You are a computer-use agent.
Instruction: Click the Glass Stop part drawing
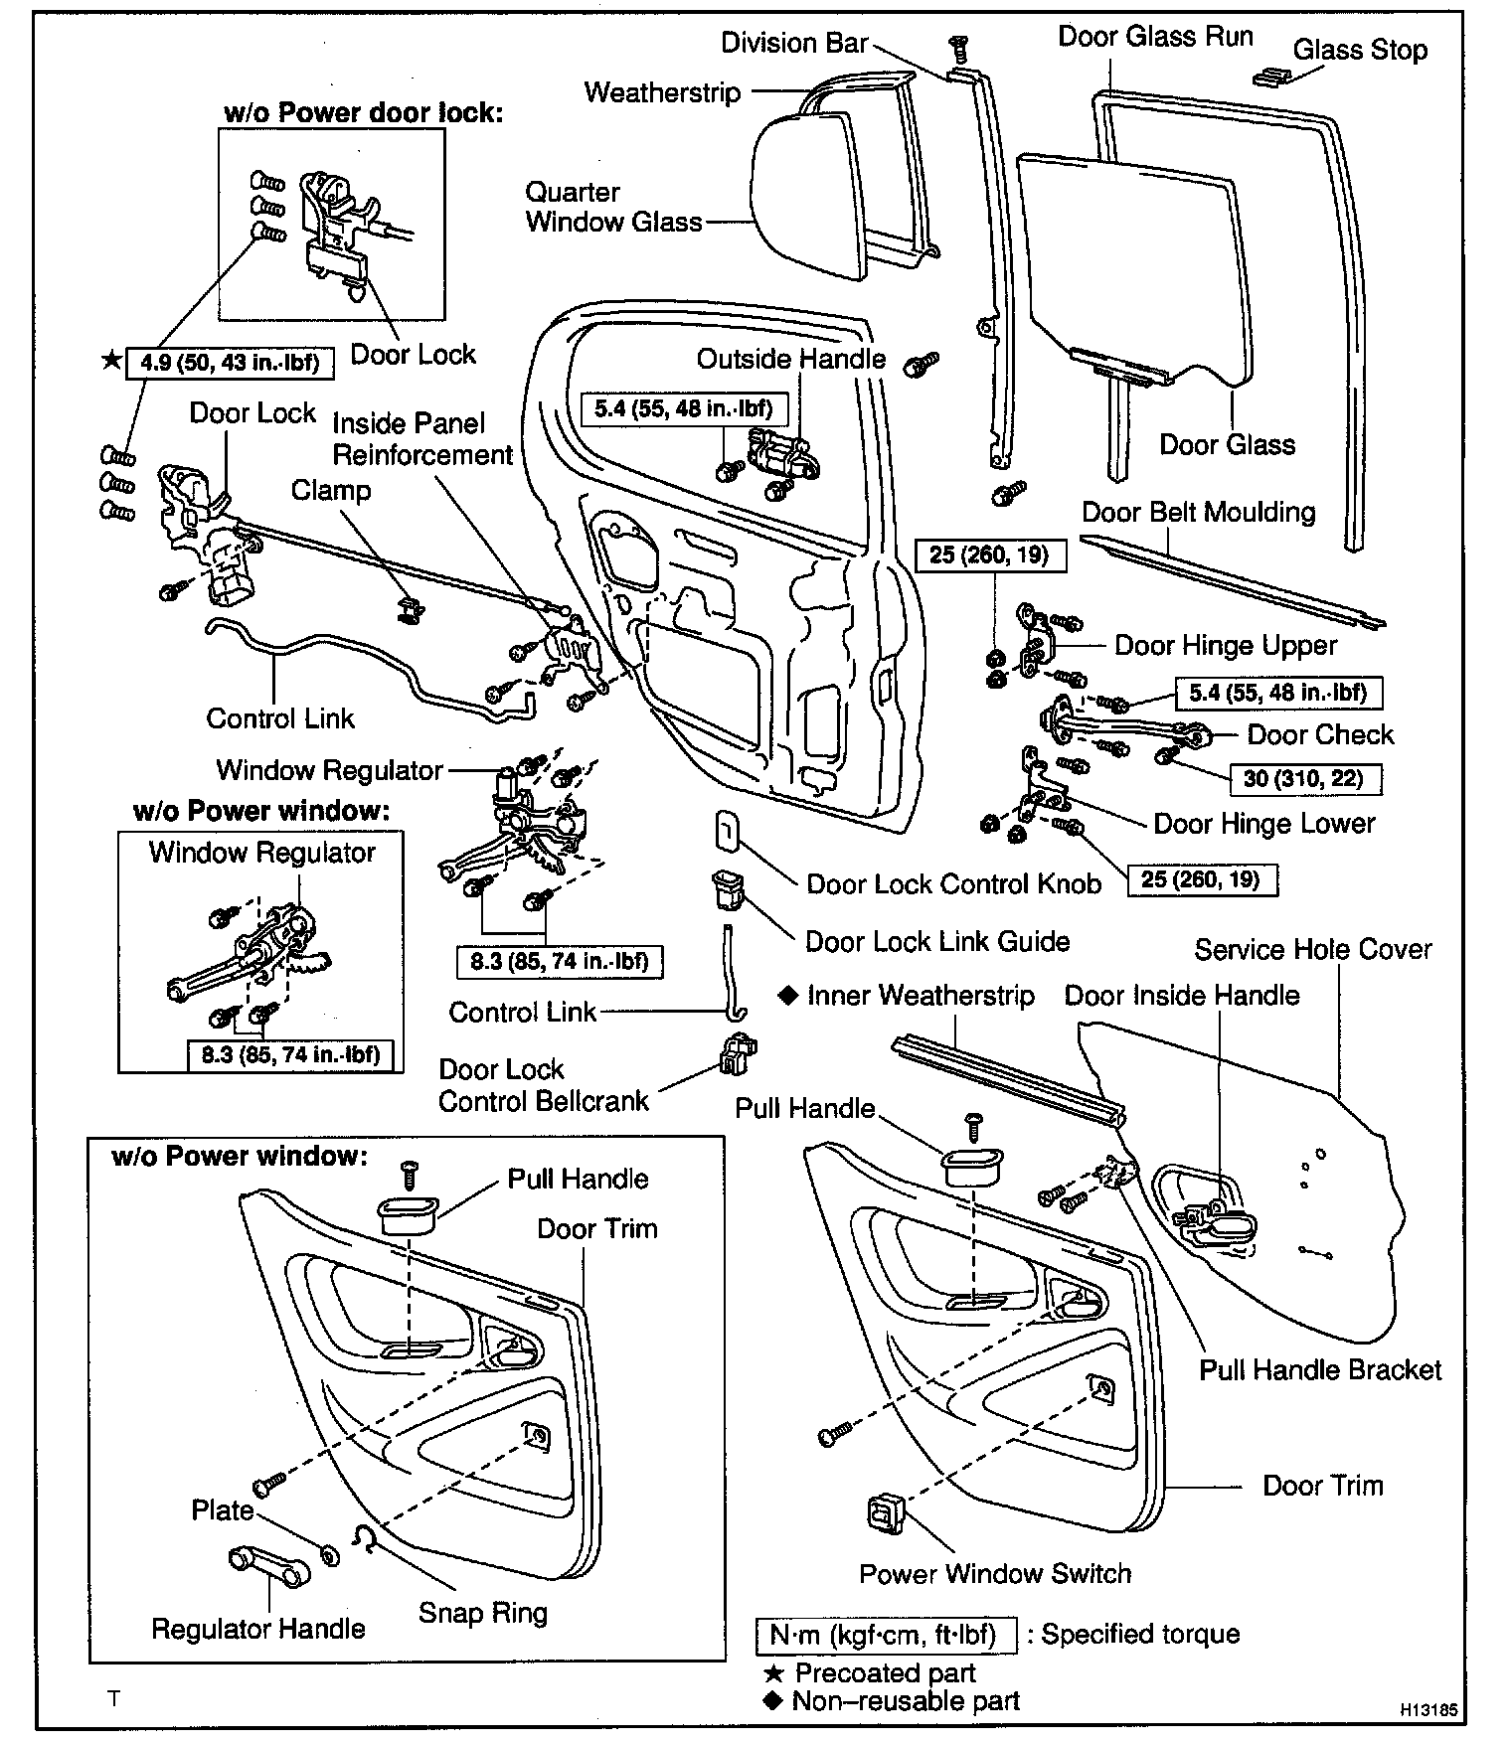(1269, 77)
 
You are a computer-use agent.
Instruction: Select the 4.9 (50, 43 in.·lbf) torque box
(230, 362)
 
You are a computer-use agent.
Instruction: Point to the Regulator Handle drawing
(268, 1566)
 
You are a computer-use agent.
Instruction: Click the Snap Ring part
(364, 1538)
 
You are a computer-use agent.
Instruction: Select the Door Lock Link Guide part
(726, 886)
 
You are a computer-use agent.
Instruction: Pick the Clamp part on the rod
(406, 609)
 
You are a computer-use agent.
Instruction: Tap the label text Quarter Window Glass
(613, 207)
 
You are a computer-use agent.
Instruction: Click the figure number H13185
(1428, 1710)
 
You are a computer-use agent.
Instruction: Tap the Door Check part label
(1320, 734)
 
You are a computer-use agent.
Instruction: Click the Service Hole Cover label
(1312, 950)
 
